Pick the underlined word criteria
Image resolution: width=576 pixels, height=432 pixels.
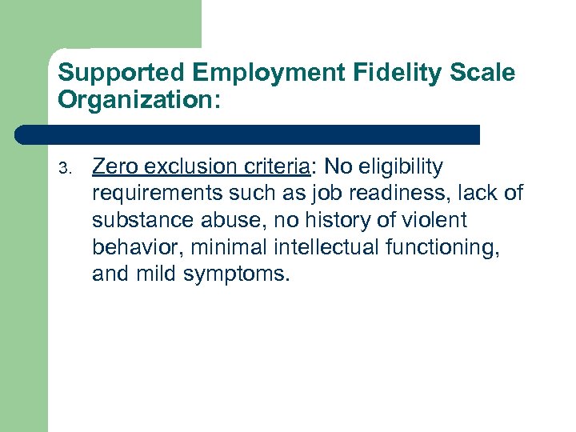click(x=279, y=166)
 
